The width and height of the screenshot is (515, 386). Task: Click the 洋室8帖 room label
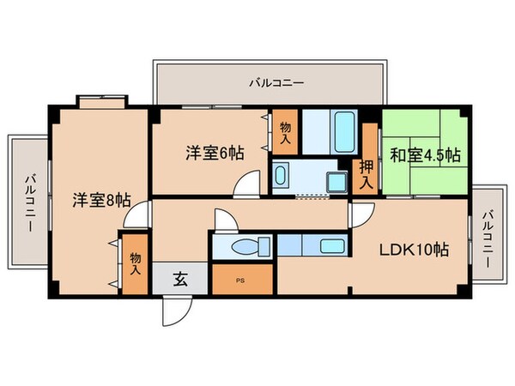tap(100, 201)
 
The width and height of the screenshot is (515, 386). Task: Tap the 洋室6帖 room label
tap(215, 153)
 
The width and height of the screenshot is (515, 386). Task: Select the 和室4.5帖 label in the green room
tap(425, 155)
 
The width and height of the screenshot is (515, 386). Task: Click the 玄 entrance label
tap(182, 277)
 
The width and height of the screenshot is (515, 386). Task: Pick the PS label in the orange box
tap(240, 279)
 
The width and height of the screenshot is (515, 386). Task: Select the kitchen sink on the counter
tap(331, 247)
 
